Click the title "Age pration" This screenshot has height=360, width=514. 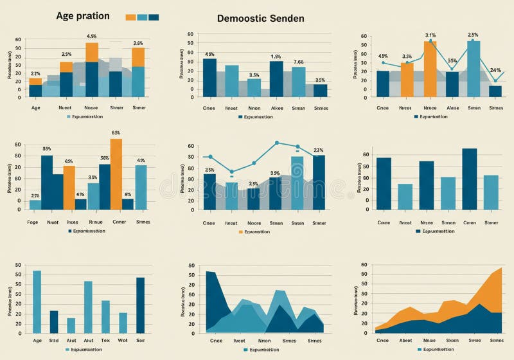point(83,16)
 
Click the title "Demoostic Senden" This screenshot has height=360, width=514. point(260,19)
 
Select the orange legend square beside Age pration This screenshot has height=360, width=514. point(130,17)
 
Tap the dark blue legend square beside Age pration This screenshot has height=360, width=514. point(154,17)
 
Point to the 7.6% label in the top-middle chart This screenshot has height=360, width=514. point(298,62)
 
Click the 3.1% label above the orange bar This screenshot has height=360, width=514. point(430,35)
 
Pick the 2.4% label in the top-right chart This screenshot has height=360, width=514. point(495,70)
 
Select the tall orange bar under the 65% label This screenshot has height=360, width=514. point(116,174)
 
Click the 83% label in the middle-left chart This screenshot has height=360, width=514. point(47,149)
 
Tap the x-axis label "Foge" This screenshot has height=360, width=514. point(33,222)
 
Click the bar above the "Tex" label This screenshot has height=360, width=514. point(105,317)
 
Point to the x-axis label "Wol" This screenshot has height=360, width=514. point(123,340)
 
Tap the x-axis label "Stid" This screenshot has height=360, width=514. point(54,340)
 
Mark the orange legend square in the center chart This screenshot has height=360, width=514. point(242,231)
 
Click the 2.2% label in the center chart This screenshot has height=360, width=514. point(318,150)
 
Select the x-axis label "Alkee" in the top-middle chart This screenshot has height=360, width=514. point(276,108)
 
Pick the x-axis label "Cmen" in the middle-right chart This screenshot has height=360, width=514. point(470,222)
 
